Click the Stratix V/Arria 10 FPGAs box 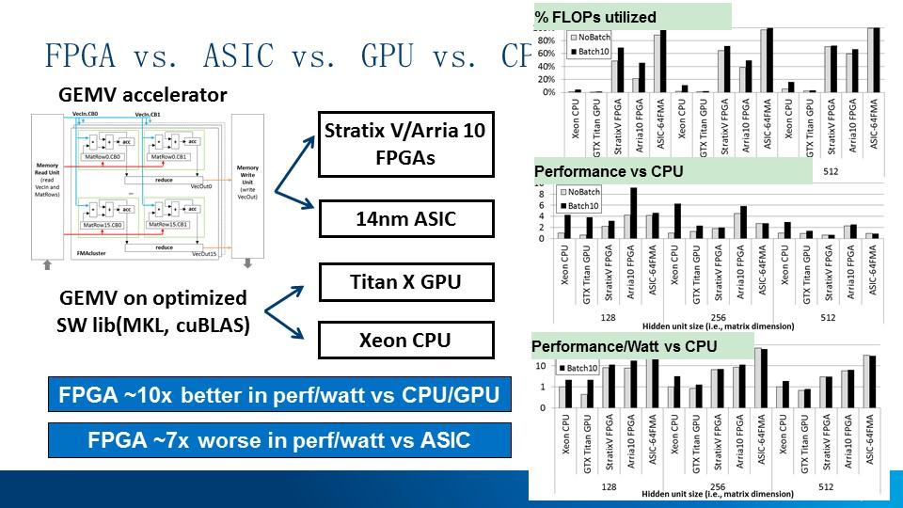click(405, 144)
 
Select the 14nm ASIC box click(406, 219)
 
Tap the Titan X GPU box click(405, 281)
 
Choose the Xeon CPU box click(405, 340)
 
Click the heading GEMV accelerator click(143, 95)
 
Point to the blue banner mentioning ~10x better click(279, 395)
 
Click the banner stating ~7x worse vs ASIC click(279, 440)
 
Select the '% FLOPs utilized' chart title click(595, 17)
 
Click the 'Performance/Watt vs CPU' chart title click(624, 346)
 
